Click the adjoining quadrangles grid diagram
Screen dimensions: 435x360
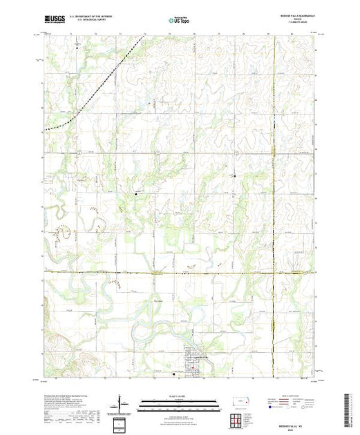coord(238,419)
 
